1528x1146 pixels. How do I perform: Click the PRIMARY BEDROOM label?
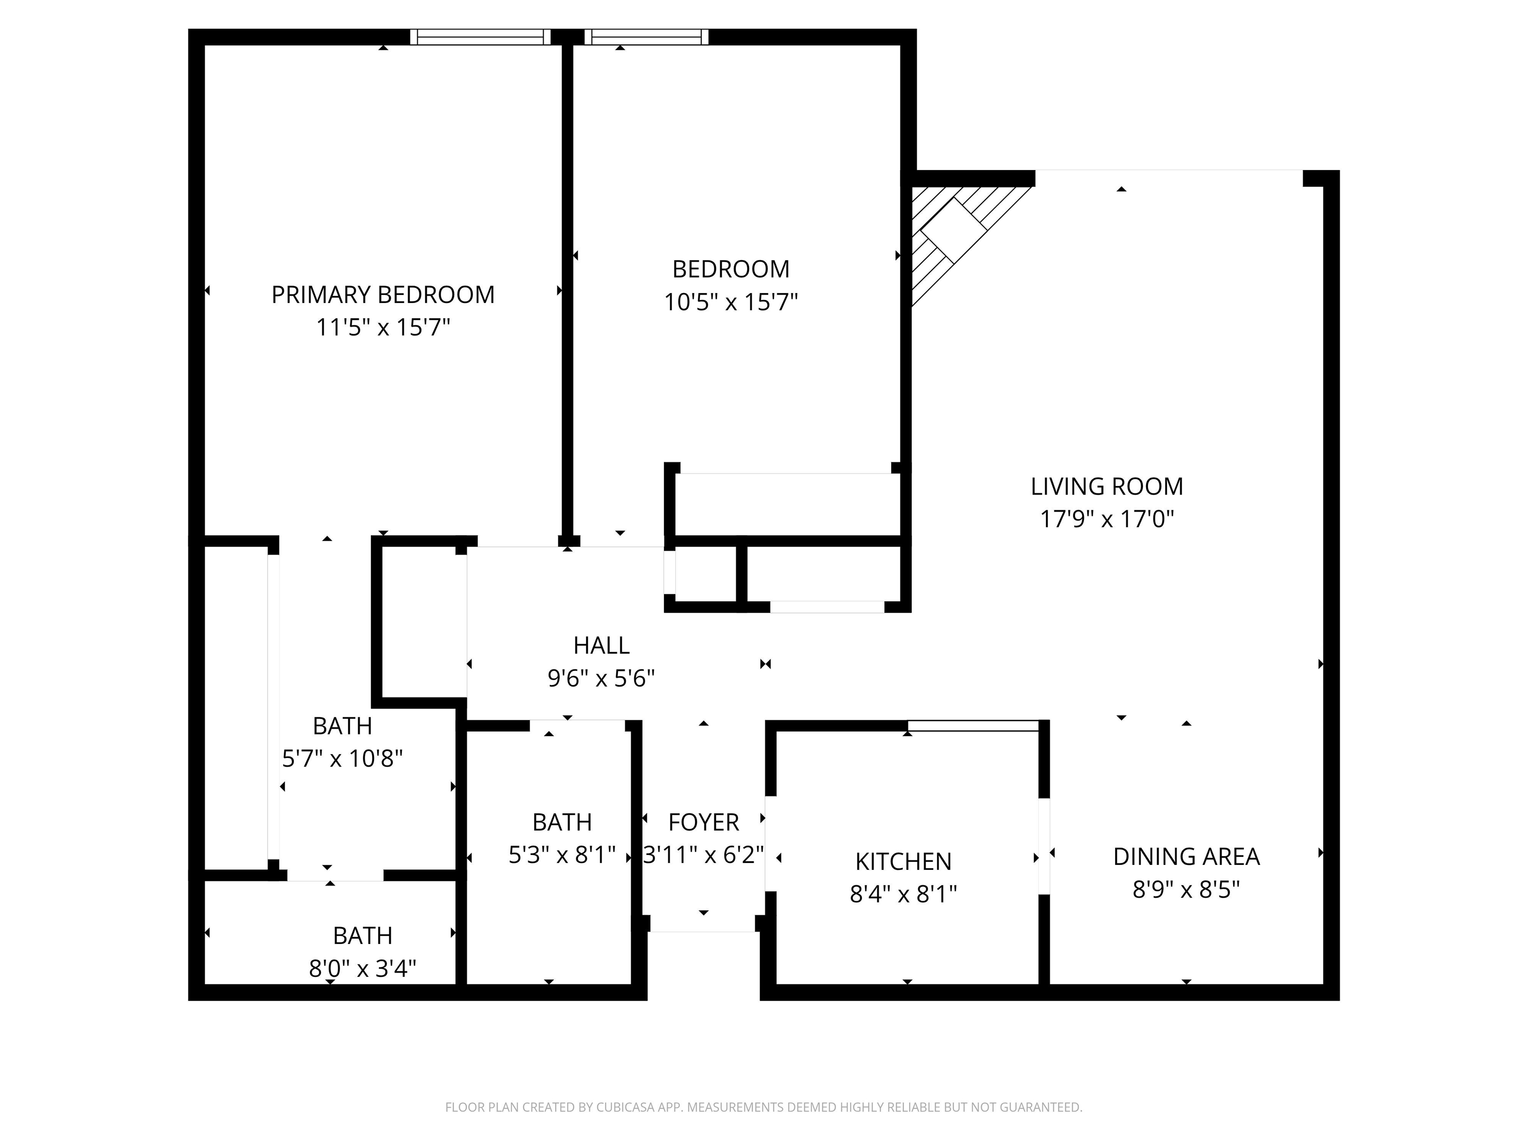coord(382,295)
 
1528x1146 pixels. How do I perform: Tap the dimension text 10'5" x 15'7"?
coord(731,302)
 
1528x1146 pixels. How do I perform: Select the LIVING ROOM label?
coord(1107,486)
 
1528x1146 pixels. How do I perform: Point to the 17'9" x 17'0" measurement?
coord(1107,519)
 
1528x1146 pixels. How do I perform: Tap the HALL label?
coord(601,645)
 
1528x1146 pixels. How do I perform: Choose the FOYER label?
coord(703,822)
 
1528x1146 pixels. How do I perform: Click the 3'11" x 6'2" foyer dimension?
coord(703,855)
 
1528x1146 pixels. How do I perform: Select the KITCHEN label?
coord(903,861)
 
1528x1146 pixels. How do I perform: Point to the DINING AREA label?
coord(1186,857)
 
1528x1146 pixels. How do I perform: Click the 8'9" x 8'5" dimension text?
coord(1186,889)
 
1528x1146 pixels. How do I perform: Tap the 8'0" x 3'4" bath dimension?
coord(363,968)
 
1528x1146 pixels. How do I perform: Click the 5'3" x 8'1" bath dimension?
coord(562,855)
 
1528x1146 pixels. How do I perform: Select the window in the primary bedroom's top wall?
coord(480,37)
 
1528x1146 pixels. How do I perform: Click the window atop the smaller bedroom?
coord(647,37)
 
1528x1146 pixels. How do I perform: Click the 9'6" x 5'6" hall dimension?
coord(601,678)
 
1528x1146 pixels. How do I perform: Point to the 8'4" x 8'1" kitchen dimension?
coord(903,894)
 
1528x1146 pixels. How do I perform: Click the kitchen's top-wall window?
coord(974,725)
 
